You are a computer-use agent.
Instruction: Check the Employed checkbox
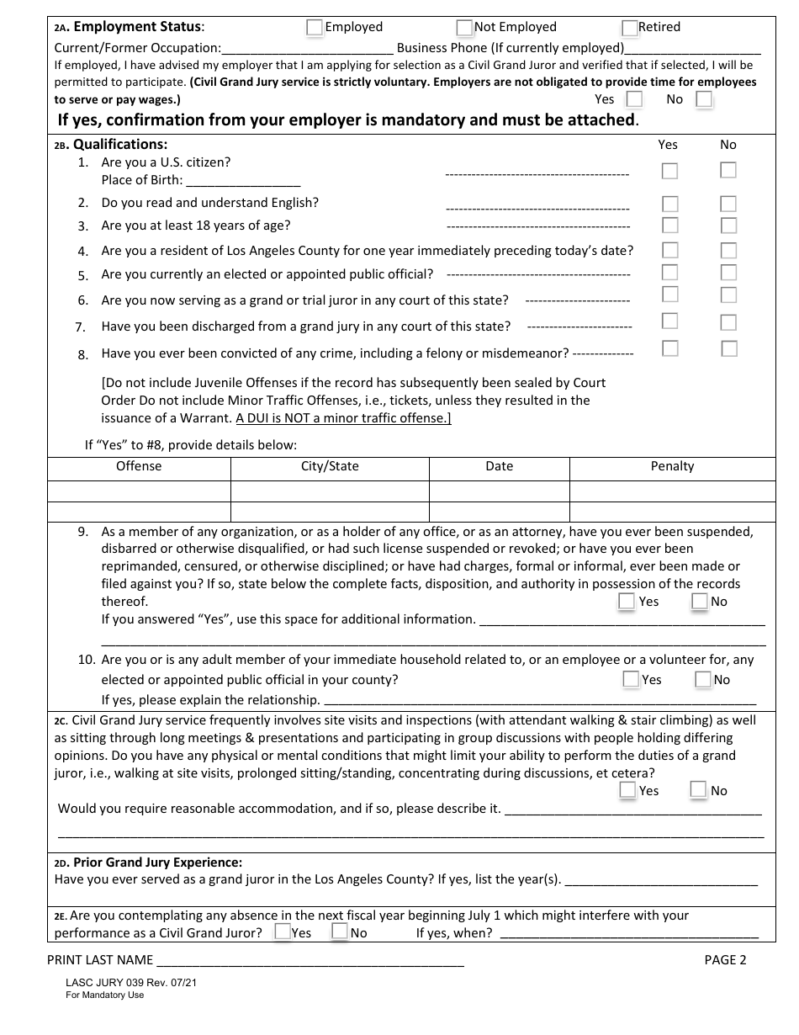pyautogui.click(x=315, y=28)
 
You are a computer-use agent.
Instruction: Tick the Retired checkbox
pyautogui.click(x=631, y=28)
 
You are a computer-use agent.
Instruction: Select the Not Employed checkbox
pyautogui.click(x=464, y=28)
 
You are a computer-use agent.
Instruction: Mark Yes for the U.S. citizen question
pyautogui.click(x=669, y=171)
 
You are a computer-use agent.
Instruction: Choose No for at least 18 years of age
pyautogui.click(x=728, y=226)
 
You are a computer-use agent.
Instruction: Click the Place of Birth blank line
pyautogui.click(x=242, y=180)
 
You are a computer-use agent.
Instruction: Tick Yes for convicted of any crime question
pyautogui.click(x=669, y=348)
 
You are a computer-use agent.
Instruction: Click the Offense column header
pyautogui.click(x=139, y=466)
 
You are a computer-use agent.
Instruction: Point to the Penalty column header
pyautogui.click(x=672, y=466)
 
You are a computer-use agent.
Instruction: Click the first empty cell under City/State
pyautogui.click(x=330, y=491)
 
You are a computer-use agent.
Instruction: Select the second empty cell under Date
pyautogui.click(x=499, y=511)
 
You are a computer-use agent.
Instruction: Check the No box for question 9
pyautogui.click(x=700, y=601)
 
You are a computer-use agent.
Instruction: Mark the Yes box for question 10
pyautogui.click(x=631, y=679)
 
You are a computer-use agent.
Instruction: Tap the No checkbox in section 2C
pyautogui.click(x=698, y=789)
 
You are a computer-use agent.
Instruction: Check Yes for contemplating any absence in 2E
pyautogui.click(x=283, y=931)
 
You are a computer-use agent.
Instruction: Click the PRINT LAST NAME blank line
pyautogui.click(x=310, y=960)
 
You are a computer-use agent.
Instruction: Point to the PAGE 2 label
pyautogui.click(x=725, y=960)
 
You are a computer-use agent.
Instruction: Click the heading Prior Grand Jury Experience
pyautogui.click(x=157, y=862)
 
